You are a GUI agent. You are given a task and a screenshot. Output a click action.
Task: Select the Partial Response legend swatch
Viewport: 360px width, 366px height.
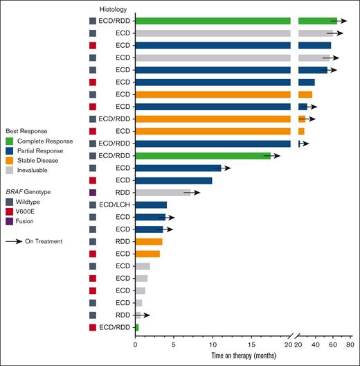(x=10, y=150)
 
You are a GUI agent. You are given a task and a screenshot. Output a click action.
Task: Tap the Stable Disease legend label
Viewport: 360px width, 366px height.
(x=37, y=159)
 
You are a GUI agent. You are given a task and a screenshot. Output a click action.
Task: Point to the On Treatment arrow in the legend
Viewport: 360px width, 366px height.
(x=14, y=241)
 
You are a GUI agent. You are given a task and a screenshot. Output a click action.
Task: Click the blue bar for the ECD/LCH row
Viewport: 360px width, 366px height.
(x=151, y=204)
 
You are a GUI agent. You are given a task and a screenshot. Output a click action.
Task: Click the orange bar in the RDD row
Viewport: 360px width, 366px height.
(x=149, y=241)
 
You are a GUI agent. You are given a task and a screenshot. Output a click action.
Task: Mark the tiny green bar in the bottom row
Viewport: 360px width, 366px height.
(x=137, y=327)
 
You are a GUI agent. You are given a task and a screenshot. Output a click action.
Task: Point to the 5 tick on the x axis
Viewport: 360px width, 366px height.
(x=174, y=342)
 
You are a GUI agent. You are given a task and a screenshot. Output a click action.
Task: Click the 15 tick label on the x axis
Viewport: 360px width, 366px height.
(x=251, y=342)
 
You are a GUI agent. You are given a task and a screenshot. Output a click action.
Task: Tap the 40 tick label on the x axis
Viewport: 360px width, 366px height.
(x=316, y=342)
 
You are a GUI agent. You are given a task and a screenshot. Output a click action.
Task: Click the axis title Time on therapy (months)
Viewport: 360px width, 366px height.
(x=245, y=356)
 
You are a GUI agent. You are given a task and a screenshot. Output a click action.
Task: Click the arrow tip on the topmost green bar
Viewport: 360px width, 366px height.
(x=346, y=21)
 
